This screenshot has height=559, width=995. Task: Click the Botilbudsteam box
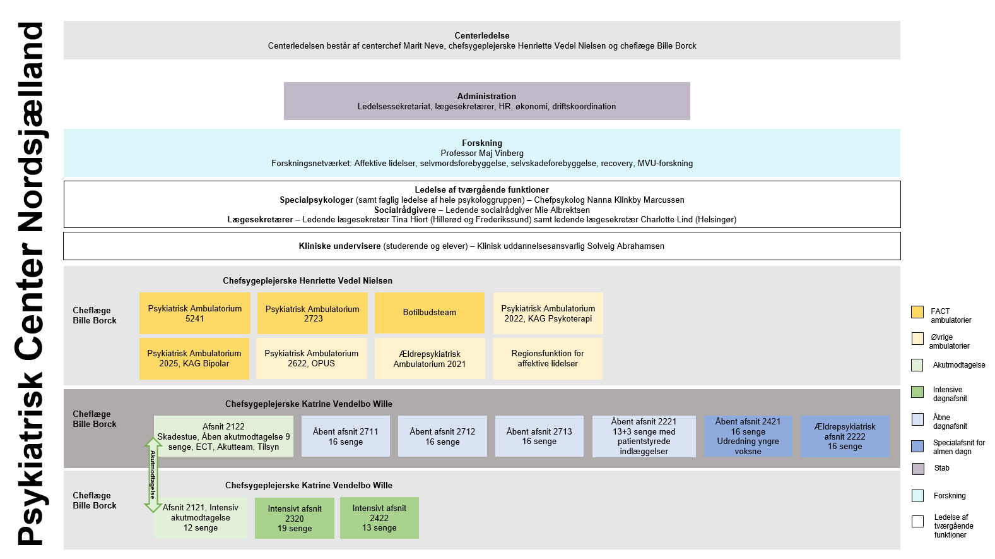(x=430, y=313)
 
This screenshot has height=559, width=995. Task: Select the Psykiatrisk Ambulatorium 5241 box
(x=194, y=313)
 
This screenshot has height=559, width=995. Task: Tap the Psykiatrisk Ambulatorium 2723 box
(x=312, y=313)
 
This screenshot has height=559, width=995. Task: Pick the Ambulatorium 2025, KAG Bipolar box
(x=194, y=358)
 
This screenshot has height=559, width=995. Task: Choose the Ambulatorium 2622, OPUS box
(x=312, y=358)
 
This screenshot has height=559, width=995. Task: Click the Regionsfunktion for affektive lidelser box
(x=548, y=358)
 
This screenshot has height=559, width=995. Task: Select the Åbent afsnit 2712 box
(x=442, y=436)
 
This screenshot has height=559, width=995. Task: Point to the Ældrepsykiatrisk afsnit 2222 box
(x=845, y=436)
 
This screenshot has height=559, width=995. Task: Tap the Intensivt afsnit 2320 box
(x=295, y=518)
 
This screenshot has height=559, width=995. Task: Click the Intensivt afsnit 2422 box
(x=379, y=518)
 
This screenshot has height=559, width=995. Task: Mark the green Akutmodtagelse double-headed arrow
(x=153, y=475)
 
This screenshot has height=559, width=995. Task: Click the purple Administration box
(x=487, y=101)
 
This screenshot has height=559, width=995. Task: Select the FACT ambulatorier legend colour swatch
(x=917, y=312)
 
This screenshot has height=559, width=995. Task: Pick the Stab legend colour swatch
(x=918, y=469)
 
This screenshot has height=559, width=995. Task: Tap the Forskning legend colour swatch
(x=918, y=496)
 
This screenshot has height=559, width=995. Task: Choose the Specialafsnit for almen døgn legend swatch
(x=917, y=446)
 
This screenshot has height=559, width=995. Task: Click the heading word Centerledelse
(x=482, y=35)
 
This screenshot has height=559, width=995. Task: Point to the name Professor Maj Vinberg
(x=482, y=153)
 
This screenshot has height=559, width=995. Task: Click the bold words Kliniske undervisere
(x=340, y=246)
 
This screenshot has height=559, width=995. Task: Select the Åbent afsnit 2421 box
(x=748, y=436)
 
